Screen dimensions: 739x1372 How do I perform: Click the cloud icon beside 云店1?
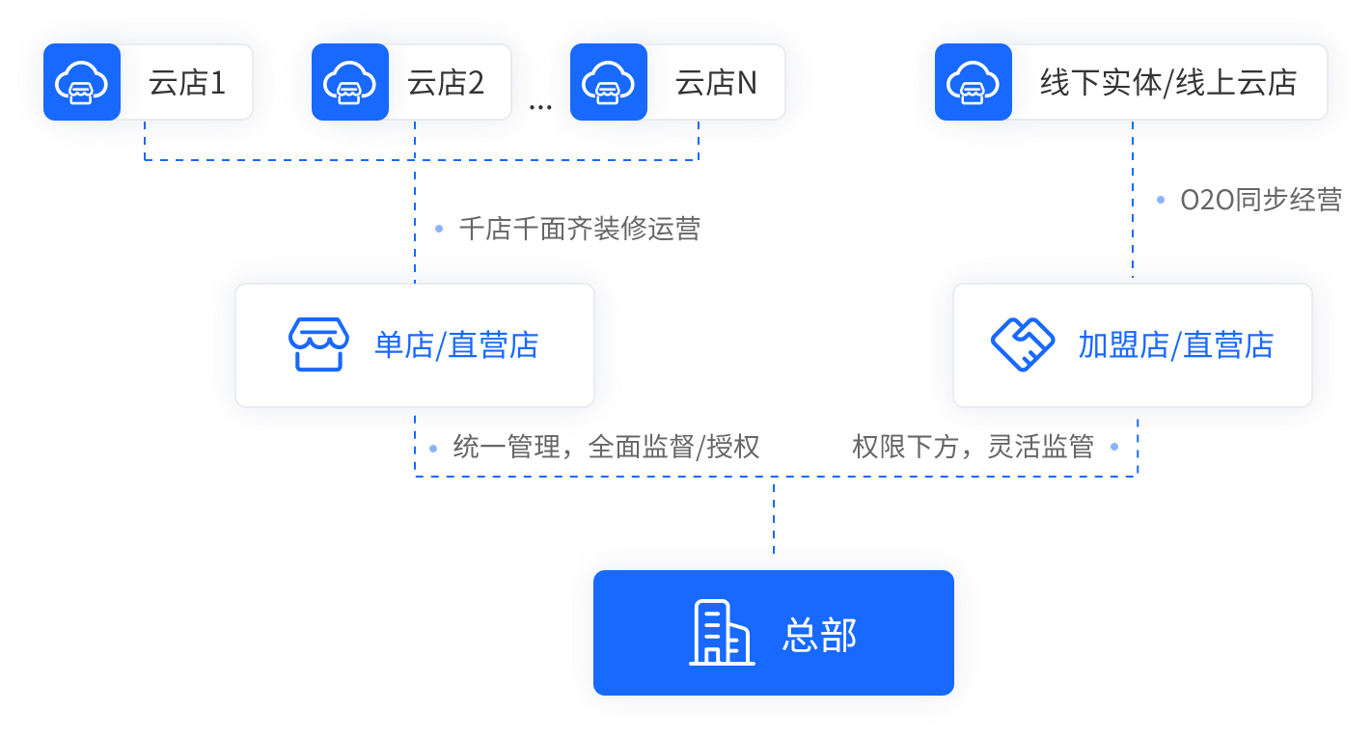(82, 82)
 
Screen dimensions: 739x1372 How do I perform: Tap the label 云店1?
(187, 83)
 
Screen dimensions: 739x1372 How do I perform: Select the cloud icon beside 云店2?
(350, 82)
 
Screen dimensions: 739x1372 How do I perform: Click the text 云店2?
(446, 83)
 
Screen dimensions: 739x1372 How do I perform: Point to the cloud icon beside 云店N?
(609, 82)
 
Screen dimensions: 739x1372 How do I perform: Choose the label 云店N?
(716, 83)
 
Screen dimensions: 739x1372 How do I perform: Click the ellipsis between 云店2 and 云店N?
(540, 106)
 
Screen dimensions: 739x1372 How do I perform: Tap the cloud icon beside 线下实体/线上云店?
(974, 82)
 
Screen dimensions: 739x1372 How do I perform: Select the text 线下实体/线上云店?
(1168, 83)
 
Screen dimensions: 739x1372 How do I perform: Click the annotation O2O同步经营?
(1261, 201)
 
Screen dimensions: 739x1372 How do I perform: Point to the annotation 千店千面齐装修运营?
(579, 229)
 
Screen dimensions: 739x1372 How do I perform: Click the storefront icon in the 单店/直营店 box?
(316, 344)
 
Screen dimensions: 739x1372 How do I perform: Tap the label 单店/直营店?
(456, 344)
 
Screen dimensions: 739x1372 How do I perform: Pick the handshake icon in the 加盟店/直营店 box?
(1023, 344)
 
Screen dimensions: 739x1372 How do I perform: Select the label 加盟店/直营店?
(1176, 344)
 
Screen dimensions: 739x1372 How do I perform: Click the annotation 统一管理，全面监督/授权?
(606, 448)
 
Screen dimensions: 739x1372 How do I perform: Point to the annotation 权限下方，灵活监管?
(973, 448)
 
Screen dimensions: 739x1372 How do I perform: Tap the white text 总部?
(819, 635)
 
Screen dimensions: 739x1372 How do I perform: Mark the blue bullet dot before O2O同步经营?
(1161, 201)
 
